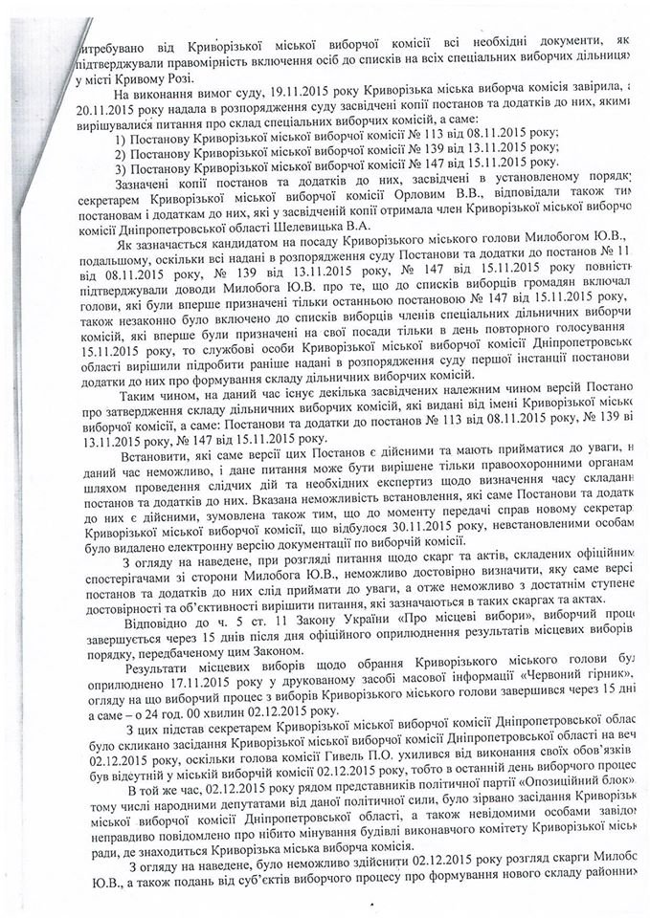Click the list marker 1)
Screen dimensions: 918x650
point(121,136)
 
